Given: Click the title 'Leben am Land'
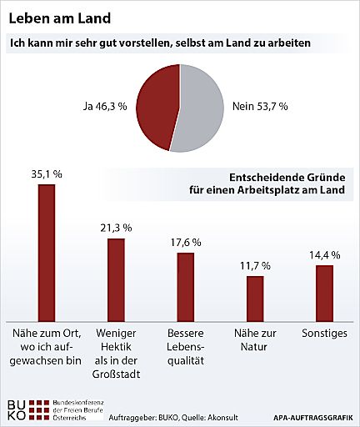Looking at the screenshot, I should (x=57, y=17).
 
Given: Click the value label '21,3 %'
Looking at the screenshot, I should (x=116, y=227).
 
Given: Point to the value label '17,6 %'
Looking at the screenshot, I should (x=185, y=242).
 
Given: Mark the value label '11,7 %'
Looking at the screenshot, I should (x=254, y=265).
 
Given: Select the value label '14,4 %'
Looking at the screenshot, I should (x=324, y=254).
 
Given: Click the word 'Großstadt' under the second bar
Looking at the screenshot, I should (x=117, y=374).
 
